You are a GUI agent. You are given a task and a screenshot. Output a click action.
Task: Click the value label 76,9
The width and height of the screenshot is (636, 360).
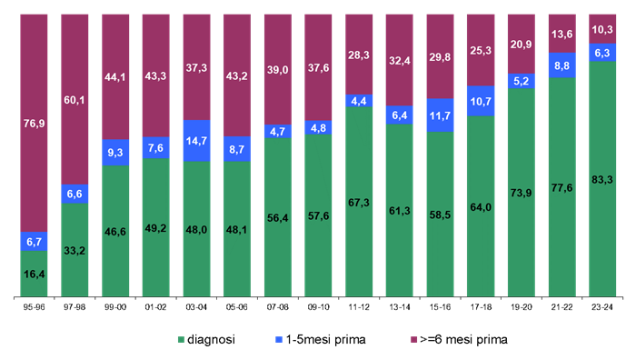tap(34, 123)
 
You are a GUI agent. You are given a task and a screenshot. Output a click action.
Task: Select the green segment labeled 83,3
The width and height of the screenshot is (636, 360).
tap(602, 179)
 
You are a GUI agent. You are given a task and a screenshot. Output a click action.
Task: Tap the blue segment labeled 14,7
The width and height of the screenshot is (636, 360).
tap(196, 141)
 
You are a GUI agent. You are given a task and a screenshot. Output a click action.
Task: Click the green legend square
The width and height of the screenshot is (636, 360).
tap(181, 340)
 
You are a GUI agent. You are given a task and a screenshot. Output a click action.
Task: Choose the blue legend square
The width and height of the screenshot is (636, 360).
tap(279, 340)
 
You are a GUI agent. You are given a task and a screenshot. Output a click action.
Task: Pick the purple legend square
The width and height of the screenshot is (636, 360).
tap(414, 340)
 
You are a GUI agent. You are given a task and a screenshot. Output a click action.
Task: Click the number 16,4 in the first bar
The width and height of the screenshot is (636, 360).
tap(34, 274)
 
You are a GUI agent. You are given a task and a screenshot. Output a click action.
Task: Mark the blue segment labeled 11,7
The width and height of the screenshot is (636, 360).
tap(440, 115)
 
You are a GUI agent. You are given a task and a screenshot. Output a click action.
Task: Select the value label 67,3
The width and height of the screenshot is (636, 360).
tap(359, 202)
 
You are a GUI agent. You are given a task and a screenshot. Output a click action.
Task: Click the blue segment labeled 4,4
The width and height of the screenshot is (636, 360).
tap(359, 101)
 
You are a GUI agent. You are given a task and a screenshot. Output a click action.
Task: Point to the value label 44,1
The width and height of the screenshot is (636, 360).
tap(115, 76)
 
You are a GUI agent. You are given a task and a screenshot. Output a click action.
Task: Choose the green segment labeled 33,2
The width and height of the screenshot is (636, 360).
tap(75, 250)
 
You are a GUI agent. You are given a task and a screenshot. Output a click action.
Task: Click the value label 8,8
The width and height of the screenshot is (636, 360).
tap(561, 65)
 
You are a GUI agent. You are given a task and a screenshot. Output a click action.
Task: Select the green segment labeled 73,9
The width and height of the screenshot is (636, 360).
tap(521, 193)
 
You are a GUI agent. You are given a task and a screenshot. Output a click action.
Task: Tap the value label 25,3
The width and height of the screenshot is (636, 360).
tap(481, 50)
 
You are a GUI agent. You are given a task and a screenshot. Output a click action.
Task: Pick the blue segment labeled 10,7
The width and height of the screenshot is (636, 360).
tap(481, 101)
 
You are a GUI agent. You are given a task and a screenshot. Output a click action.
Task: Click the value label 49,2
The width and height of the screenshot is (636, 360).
tap(155, 228)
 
